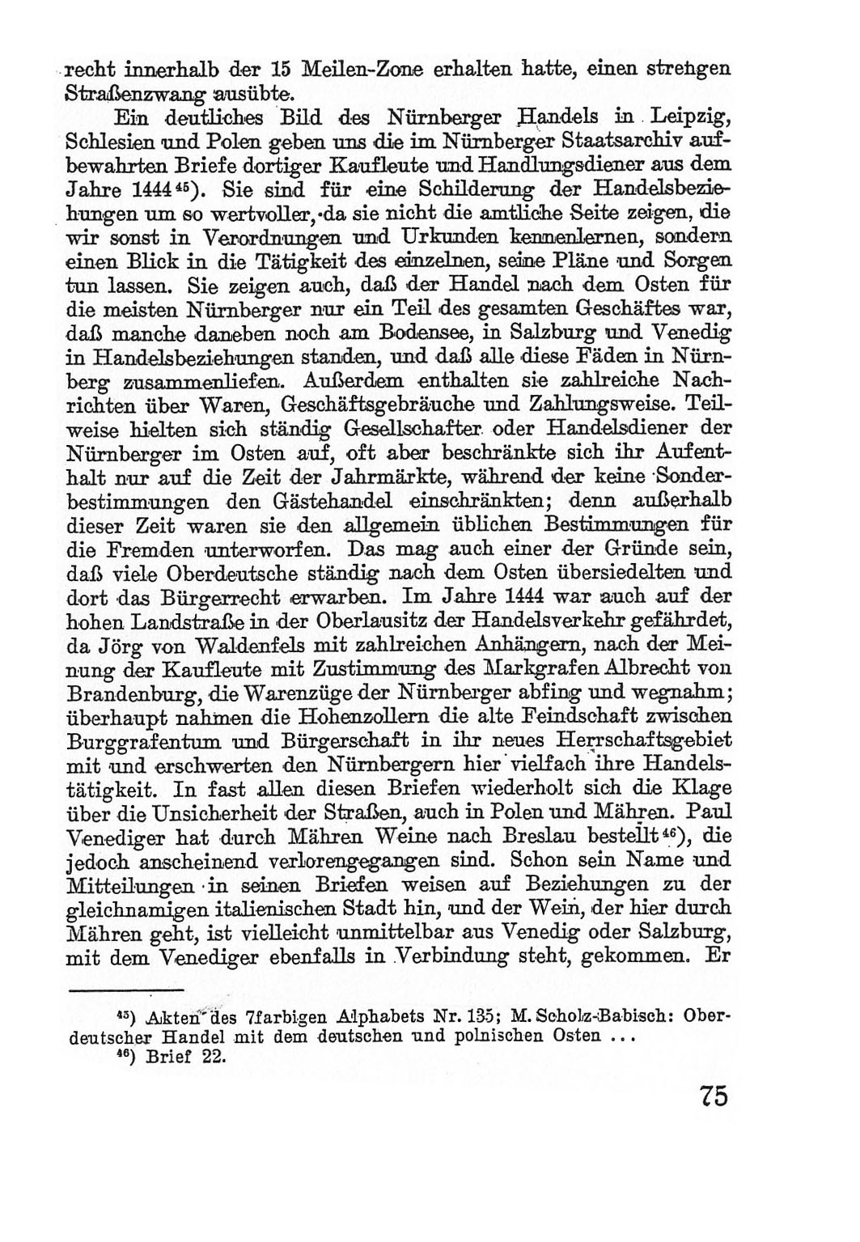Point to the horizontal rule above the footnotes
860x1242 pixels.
pos(125,990)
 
